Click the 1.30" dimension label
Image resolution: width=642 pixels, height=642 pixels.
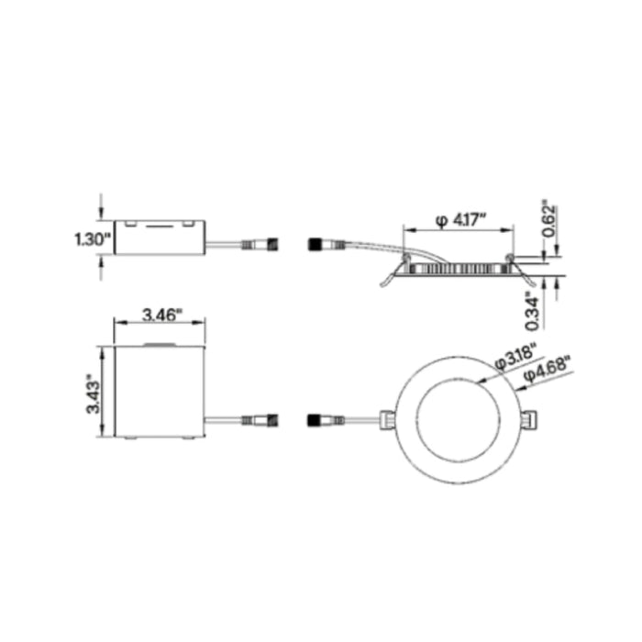[x=93, y=239]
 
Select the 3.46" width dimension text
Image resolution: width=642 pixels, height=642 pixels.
[x=161, y=315]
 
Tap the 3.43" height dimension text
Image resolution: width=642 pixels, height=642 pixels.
[x=94, y=393]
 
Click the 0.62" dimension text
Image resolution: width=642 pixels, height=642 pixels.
[x=550, y=218]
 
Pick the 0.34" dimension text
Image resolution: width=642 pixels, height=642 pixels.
[x=533, y=311]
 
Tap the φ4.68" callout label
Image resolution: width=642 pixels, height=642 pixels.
[x=547, y=370]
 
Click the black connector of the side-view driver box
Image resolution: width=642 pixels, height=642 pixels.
[x=272, y=245]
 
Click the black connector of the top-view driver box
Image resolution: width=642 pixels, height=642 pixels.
[x=272, y=420]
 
